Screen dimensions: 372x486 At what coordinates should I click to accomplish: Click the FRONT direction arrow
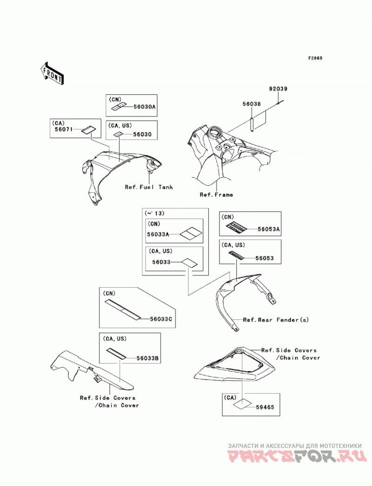pyautogui.click(x=52, y=73)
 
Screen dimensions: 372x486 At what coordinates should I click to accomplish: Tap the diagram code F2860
pyautogui.click(x=315, y=58)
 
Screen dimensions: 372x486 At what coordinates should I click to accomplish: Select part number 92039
pyautogui.click(x=278, y=89)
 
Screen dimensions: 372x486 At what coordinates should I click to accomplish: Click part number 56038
pyautogui.click(x=252, y=104)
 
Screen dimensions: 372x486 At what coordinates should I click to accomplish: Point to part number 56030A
pyautogui.click(x=145, y=107)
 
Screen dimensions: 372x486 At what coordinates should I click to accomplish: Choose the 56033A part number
pyautogui.click(x=158, y=234)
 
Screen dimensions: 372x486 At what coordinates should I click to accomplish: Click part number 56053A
pyautogui.click(x=269, y=229)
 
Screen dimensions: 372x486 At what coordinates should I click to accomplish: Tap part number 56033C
pyautogui.click(x=161, y=318)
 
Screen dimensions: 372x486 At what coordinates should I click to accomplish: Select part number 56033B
pyautogui.click(x=148, y=358)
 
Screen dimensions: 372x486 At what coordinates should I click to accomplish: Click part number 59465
pyautogui.click(x=265, y=407)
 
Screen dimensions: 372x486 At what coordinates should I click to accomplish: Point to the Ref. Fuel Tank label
pyautogui.click(x=149, y=187)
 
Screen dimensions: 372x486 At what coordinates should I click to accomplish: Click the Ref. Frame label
pyautogui.click(x=216, y=194)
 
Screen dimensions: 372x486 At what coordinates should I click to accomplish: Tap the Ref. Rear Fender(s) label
pyautogui.click(x=276, y=320)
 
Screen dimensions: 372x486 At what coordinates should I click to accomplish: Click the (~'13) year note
pyautogui.click(x=154, y=213)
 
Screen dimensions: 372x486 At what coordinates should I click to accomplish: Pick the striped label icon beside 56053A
pyautogui.click(x=236, y=227)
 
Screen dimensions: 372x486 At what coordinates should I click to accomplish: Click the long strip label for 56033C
pyautogui.click(x=123, y=309)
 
